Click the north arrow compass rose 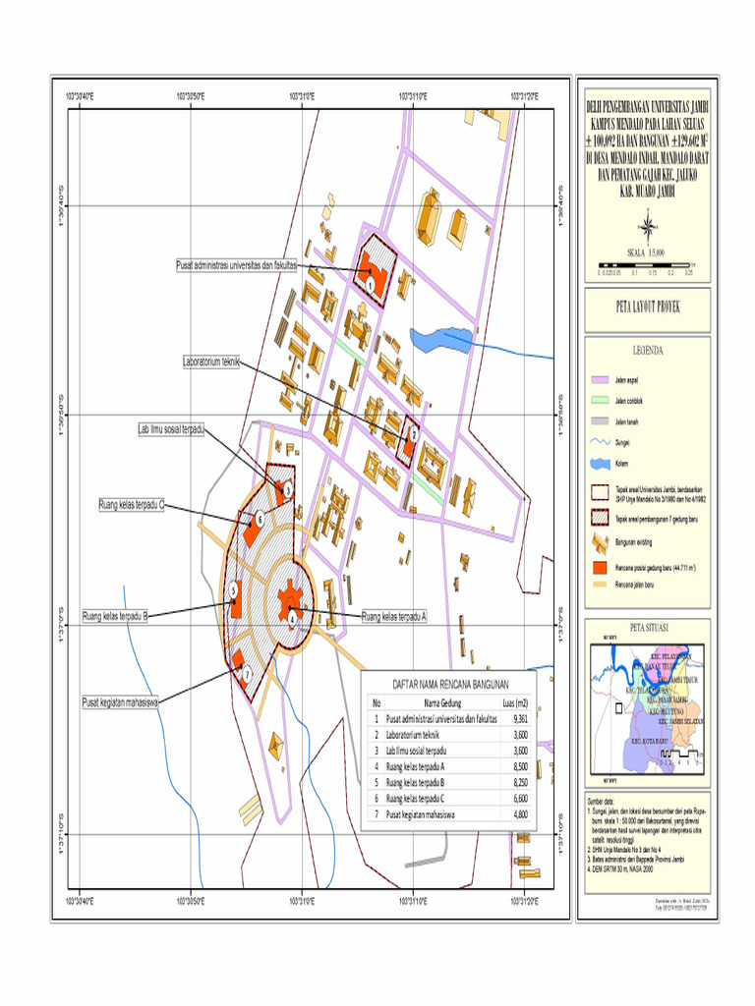pyautogui.click(x=647, y=230)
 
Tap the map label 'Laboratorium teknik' pyautogui.click(x=211, y=362)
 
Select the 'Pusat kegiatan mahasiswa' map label pyautogui.click(x=121, y=701)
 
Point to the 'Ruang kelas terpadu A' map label pyautogui.click(x=394, y=617)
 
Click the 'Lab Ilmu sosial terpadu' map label pyautogui.click(x=170, y=429)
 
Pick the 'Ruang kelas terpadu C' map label pyautogui.click(x=131, y=505)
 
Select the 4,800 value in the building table pyautogui.click(x=514, y=815)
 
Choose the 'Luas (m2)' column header pyautogui.click(x=514, y=702)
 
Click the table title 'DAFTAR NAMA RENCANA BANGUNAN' pyautogui.click(x=449, y=684)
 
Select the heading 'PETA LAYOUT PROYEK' pyautogui.click(x=647, y=307)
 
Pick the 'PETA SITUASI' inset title pyautogui.click(x=648, y=628)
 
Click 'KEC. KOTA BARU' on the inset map pyautogui.click(x=649, y=740)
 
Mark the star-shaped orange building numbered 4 pyautogui.click(x=289, y=600)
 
